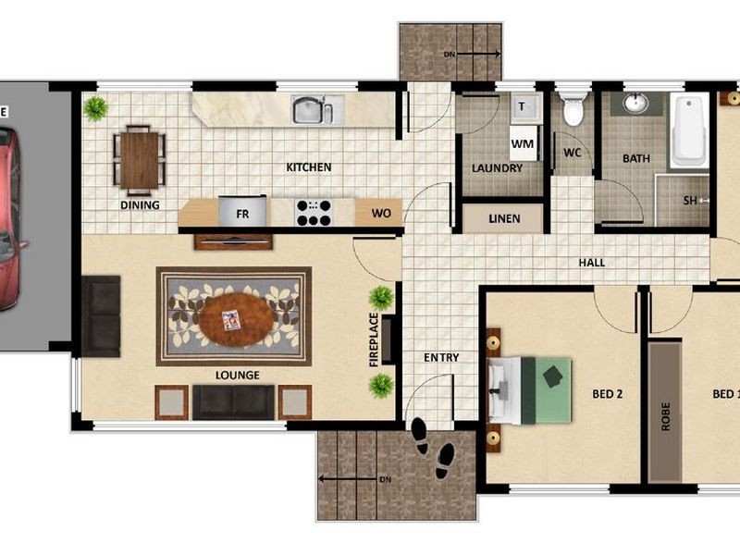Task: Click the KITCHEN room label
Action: tap(308, 167)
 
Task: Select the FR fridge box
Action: tap(243, 213)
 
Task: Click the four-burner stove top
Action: tap(314, 213)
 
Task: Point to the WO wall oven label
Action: tap(380, 214)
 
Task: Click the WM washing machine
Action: tap(523, 144)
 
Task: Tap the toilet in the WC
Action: tap(573, 109)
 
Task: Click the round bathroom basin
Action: tap(635, 103)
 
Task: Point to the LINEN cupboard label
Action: tap(503, 219)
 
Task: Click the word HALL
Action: tap(592, 263)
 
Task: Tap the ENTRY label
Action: tap(441, 358)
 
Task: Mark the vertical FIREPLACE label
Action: tap(375, 340)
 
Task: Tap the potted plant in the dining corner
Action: tap(95, 108)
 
